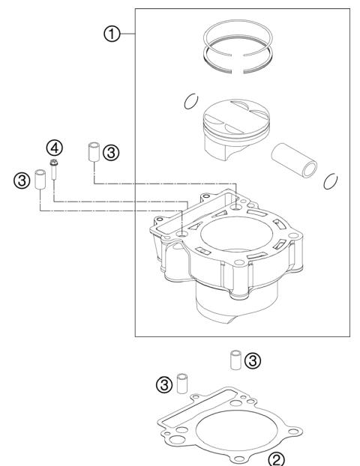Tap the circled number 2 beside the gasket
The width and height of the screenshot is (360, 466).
point(277,456)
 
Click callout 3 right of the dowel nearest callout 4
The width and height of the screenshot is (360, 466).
point(110,153)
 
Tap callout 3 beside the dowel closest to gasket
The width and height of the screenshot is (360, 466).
point(162,385)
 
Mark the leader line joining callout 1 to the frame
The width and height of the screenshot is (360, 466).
point(127,34)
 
